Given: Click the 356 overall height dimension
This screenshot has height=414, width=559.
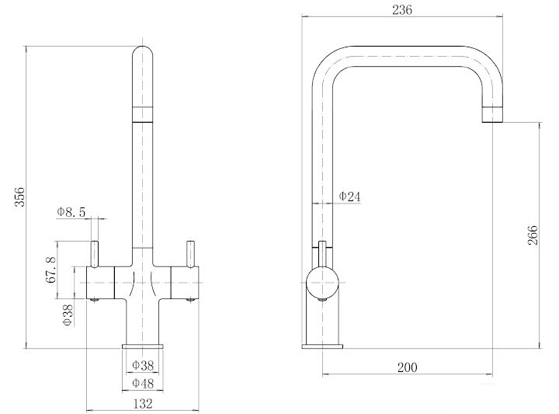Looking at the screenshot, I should tap(21, 198).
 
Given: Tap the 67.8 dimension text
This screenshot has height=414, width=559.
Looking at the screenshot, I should tap(51, 269).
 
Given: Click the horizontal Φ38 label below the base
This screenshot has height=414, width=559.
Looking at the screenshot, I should tap(141, 365).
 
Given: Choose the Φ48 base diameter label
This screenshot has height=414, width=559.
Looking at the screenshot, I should tap(141, 383).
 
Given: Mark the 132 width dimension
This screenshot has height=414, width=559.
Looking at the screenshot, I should tap(142, 403).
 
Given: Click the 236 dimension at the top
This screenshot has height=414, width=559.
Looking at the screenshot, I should tap(402, 10).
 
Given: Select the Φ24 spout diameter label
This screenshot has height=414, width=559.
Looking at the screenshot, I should tap(350, 197).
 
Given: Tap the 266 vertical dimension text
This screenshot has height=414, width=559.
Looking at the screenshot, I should tap(533, 235).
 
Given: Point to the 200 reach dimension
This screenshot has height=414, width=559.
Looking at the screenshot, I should tap(407, 367).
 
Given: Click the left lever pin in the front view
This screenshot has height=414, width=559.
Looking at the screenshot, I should tap(95, 253).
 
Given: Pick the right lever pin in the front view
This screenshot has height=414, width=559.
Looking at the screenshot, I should tap(189, 253).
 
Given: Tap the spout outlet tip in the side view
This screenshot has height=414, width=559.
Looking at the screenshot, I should tap(495, 115).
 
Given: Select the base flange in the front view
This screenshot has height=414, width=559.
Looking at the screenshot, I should tap(142, 346).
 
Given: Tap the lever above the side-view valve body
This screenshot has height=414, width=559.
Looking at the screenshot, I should tap(321, 253).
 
